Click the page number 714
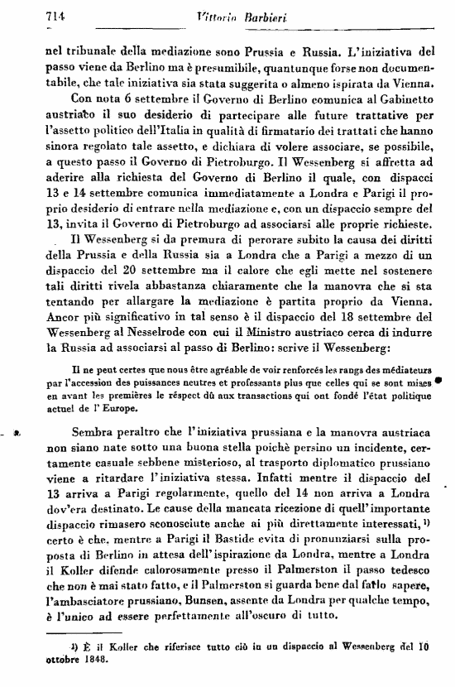[33, 16]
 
